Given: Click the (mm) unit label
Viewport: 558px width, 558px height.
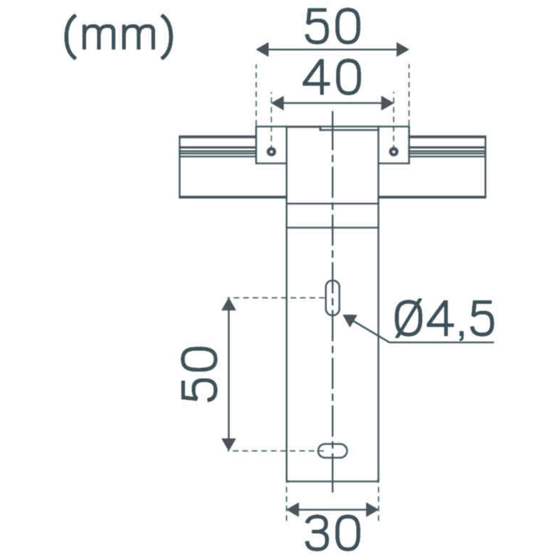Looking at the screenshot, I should (x=118, y=36).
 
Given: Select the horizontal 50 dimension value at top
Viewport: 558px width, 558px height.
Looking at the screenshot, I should (x=332, y=27).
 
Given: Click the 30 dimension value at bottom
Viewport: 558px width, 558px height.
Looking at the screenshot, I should (x=332, y=533).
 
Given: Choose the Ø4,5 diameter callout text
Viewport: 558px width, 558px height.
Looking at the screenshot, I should (x=445, y=319).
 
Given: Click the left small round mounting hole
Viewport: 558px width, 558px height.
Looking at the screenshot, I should (x=272, y=151).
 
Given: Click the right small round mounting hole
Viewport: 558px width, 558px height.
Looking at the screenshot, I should (x=394, y=151).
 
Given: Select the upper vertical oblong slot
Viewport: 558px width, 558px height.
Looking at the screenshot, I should (x=332, y=298).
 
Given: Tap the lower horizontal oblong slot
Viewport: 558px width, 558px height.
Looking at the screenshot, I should (x=332, y=450).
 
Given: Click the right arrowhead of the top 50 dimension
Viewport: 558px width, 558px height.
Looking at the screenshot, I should (x=403, y=49).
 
